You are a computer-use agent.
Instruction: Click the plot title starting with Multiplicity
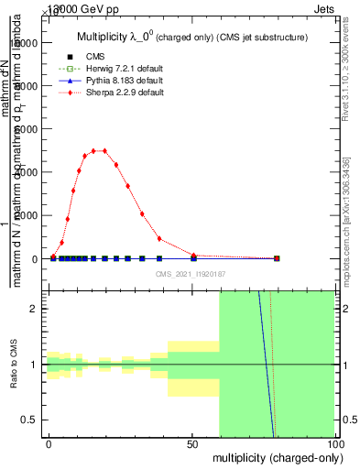click(191, 38)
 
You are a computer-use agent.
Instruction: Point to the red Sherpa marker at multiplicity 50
click(193, 256)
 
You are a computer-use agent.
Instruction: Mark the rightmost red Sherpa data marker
click(277, 258)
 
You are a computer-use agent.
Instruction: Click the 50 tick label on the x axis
click(191, 443)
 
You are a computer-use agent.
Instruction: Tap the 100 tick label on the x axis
click(334, 443)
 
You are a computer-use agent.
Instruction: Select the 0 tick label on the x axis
click(49, 443)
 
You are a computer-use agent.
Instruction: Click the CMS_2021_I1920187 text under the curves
click(191, 273)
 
